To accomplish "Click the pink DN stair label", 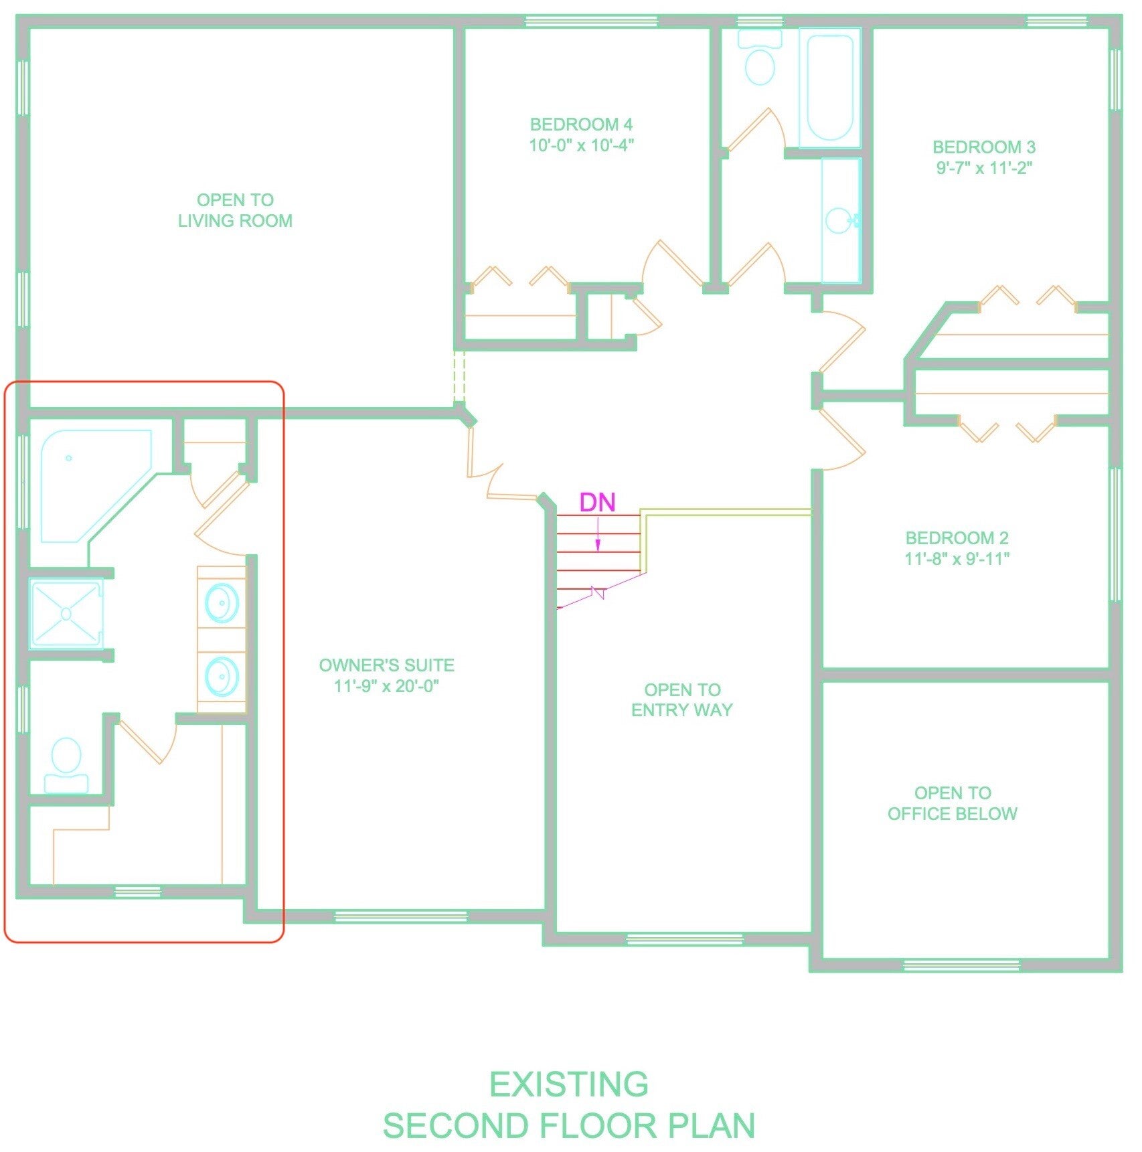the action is tap(597, 502).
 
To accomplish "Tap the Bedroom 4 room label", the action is tap(581, 125).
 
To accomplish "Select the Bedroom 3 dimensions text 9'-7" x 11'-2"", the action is tap(984, 168).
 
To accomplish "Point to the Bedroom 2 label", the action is tap(957, 538).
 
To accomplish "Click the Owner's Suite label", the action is tap(386, 665).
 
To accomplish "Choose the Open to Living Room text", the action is tap(235, 210).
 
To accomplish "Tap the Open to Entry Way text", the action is tap(682, 700).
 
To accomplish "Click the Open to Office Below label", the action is tap(953, 803).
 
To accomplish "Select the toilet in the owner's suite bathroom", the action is tap(66, 765).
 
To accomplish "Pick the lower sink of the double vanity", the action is tap(222, 676).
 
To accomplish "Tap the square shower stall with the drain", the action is tap(66, 613).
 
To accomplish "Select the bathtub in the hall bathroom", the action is tap(830, 88).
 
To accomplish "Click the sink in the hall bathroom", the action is tap(839, 220).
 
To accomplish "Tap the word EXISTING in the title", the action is tap(569, 1084).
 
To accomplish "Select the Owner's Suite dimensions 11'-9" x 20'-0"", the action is tap(386, 686).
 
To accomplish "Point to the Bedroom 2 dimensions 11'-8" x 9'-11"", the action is tap(957, 559).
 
